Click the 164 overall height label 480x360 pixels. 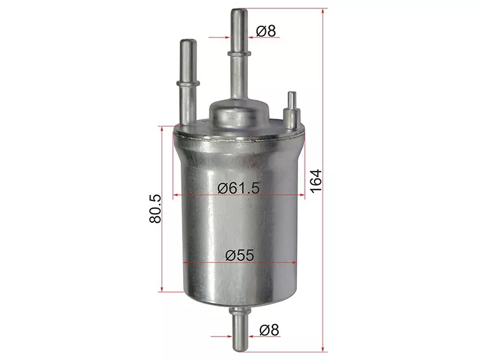click(316, 181)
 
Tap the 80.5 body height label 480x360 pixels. click(155, 208)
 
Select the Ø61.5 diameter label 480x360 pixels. click(238, 188)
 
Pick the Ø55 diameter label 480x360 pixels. click(239, 255)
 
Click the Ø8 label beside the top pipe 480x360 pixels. click(266, 31)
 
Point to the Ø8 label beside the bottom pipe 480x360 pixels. click(269, 330)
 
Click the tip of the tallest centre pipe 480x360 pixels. click(239, 11)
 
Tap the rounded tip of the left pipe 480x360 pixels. click(188, 41)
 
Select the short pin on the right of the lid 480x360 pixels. click(292, 111)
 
